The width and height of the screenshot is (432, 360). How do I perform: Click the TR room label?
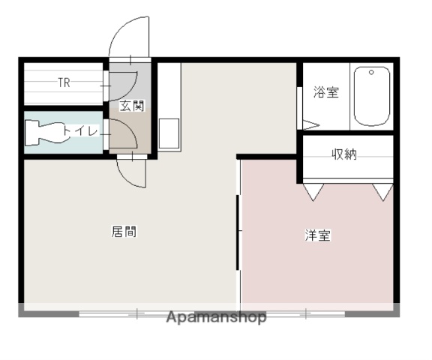tap(64, 83)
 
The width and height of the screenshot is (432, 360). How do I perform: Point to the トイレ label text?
tap(81, 132)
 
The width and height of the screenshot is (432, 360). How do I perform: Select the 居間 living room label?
tap(124, 232)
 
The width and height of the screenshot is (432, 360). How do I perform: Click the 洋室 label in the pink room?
tap(317, 235)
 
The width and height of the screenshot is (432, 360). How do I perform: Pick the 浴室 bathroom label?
tap(325, 93)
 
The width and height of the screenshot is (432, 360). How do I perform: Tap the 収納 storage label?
tap(344, 155)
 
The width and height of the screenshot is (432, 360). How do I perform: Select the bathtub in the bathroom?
tap(371, 97)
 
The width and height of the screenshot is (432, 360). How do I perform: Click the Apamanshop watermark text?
tap(217, 317)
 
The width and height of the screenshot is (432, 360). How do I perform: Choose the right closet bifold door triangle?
tap(383, 192)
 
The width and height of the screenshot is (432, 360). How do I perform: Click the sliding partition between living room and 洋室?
tap(238, 232)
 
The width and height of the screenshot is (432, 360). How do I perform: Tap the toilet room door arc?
tap(124, 133)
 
